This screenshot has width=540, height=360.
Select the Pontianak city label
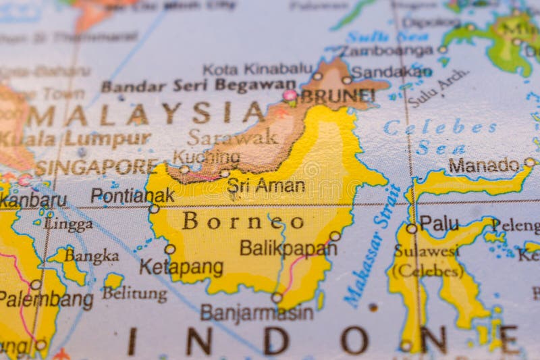click(x=132, y=196)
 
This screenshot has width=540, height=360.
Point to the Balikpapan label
click(x=288, y=248)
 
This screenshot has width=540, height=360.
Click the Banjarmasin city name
click(x=256, y=313)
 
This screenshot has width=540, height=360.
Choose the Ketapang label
click(x=181, y=267)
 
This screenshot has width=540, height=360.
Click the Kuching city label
click(x=206, y=157)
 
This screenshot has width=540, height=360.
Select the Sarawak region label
click(x=232, y=137)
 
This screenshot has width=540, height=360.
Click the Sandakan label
click(x=391, y=72)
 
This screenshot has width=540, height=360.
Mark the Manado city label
click(x=483, y=165)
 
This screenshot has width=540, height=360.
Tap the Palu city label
click(x=439, y=224)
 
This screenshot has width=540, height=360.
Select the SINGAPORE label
click(x=96, y=167)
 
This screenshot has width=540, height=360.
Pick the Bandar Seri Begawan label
click(x=198, y=86)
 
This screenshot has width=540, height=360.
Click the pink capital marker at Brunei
click(x=290, y=96)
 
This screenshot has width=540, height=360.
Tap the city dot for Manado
click(x=530, y=162)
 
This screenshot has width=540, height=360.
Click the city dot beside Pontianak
click(x=154, y=209)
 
